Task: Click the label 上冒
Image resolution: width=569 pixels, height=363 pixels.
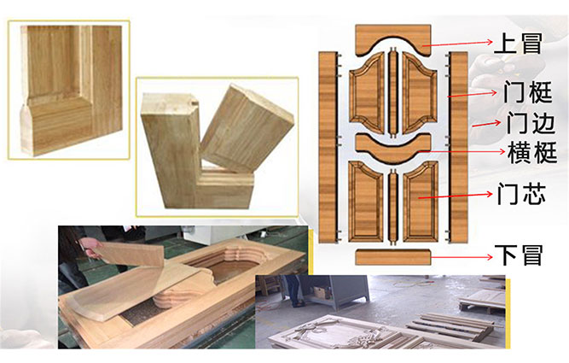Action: (x=518, y=44)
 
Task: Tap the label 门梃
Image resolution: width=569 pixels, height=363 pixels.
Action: (x=528, y=92)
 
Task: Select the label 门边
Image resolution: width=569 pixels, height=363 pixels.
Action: (x=531, y=122)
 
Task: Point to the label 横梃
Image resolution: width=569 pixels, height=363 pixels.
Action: (x=532, y=152)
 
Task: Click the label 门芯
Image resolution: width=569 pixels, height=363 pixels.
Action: (x=521, y=194)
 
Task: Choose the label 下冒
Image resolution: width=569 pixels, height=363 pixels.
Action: (x=519, y=255)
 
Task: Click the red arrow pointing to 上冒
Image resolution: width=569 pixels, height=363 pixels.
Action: (x=457, y=44)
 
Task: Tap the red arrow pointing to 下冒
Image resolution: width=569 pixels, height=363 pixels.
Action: (x=462, y=257)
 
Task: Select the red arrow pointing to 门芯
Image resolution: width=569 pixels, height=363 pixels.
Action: (x=456, y=196)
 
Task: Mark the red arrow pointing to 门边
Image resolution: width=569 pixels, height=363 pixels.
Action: (x=486, y=124)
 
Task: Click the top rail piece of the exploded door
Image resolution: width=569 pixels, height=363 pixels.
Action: (x=393, y=39)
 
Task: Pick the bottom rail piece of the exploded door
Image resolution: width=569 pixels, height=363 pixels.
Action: (x=393, y=257)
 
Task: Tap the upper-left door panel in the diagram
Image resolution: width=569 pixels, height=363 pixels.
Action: (x=367, y=92)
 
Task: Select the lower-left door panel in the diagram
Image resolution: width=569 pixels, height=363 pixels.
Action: (x=366, y=202)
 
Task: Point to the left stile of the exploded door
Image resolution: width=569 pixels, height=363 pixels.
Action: (x=328, y=147)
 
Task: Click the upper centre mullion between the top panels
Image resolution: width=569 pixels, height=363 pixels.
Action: (x=392, y=92)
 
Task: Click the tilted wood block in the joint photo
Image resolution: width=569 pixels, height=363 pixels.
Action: (x=247, y=128)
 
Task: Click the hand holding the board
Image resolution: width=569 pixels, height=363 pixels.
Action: (x=90, y=246)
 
